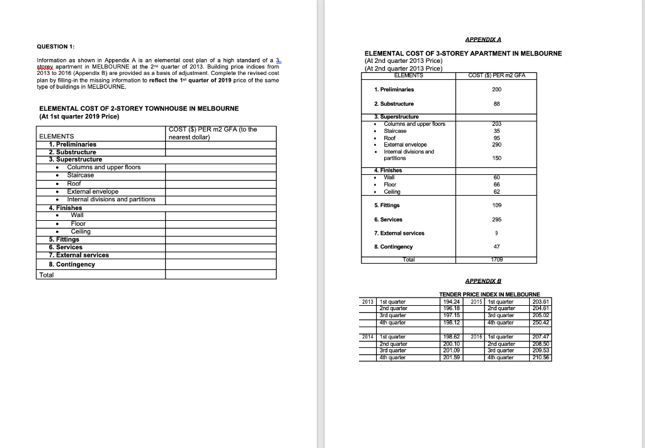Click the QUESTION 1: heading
click(x=57, y=47)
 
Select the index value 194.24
click(x=453, y=301)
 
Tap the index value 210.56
click(x=542, y=357)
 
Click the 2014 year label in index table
click(x=367, y=337)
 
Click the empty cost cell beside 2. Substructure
click(x=220, y=152)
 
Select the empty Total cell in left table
click(x=220, y=275)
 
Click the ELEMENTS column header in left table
click(x=57, y=136)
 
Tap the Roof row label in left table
click(x=74, y=183)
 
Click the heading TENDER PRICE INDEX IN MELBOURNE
click(x=489, y=294)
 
